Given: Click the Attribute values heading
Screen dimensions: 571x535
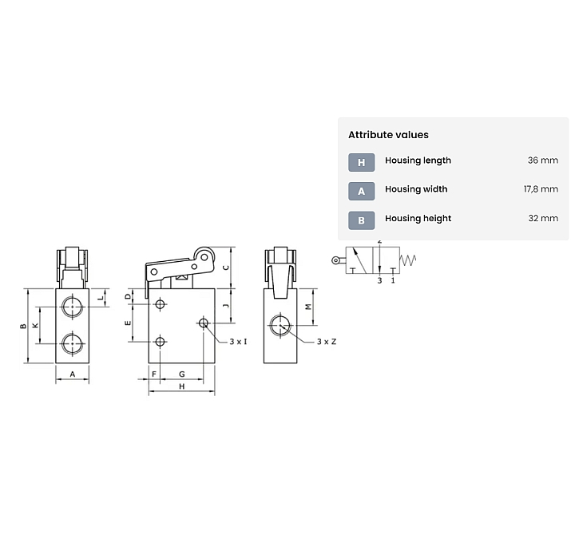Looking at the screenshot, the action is [388, 135].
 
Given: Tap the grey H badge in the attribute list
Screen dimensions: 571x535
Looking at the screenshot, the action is [361, 162].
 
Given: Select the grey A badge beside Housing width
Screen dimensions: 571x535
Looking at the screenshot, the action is [361, 191].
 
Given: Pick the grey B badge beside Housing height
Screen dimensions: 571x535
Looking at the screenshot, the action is [361, 220].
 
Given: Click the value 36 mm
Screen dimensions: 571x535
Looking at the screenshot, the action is [542, 160].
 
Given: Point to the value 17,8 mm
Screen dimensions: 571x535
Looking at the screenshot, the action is [541, 189].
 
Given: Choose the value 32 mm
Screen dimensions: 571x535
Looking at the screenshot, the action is [543, 218].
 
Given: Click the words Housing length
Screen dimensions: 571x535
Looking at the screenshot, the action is [418, 160].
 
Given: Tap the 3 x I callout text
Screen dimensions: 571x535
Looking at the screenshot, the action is [238, 342].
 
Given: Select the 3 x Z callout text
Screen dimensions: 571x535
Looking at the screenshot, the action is [327, 342].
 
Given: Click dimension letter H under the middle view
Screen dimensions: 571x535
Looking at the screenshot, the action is [182, 386].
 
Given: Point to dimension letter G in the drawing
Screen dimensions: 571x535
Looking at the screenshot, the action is [182, 374].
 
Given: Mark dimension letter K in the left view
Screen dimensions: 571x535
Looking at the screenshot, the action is [36, 325].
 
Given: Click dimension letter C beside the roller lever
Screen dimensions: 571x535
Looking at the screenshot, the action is [226, 267].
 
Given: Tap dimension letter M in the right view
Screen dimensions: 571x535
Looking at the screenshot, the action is [308, 307].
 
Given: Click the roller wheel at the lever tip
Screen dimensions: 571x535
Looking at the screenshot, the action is [204, 257].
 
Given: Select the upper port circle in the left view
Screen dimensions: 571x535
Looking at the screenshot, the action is [72, 307].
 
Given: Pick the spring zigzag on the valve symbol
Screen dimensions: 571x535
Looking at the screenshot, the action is [408, 260].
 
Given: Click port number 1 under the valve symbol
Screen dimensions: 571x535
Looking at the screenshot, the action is [393, 280].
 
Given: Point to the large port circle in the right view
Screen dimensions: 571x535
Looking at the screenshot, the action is [280, 325].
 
